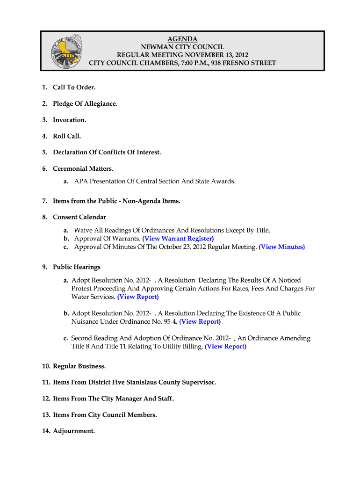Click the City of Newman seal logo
click(x=66, y=51)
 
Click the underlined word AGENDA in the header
click(x=182, y=39)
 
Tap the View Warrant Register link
click(x=178, y=239)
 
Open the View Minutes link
click(x=281, y=247)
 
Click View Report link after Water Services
click(x=138, y=297)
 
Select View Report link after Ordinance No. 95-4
click(x=200, y=321)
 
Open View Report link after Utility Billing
click(x=225, y=346)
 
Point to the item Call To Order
click(x=74, y=87)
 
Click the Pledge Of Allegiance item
click(x=85, y=103)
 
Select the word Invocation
click(x=69, y=120)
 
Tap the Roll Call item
click(x=67, y=136)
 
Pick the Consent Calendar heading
click(x=79, y=217)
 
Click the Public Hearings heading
click(x=77, y=267)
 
